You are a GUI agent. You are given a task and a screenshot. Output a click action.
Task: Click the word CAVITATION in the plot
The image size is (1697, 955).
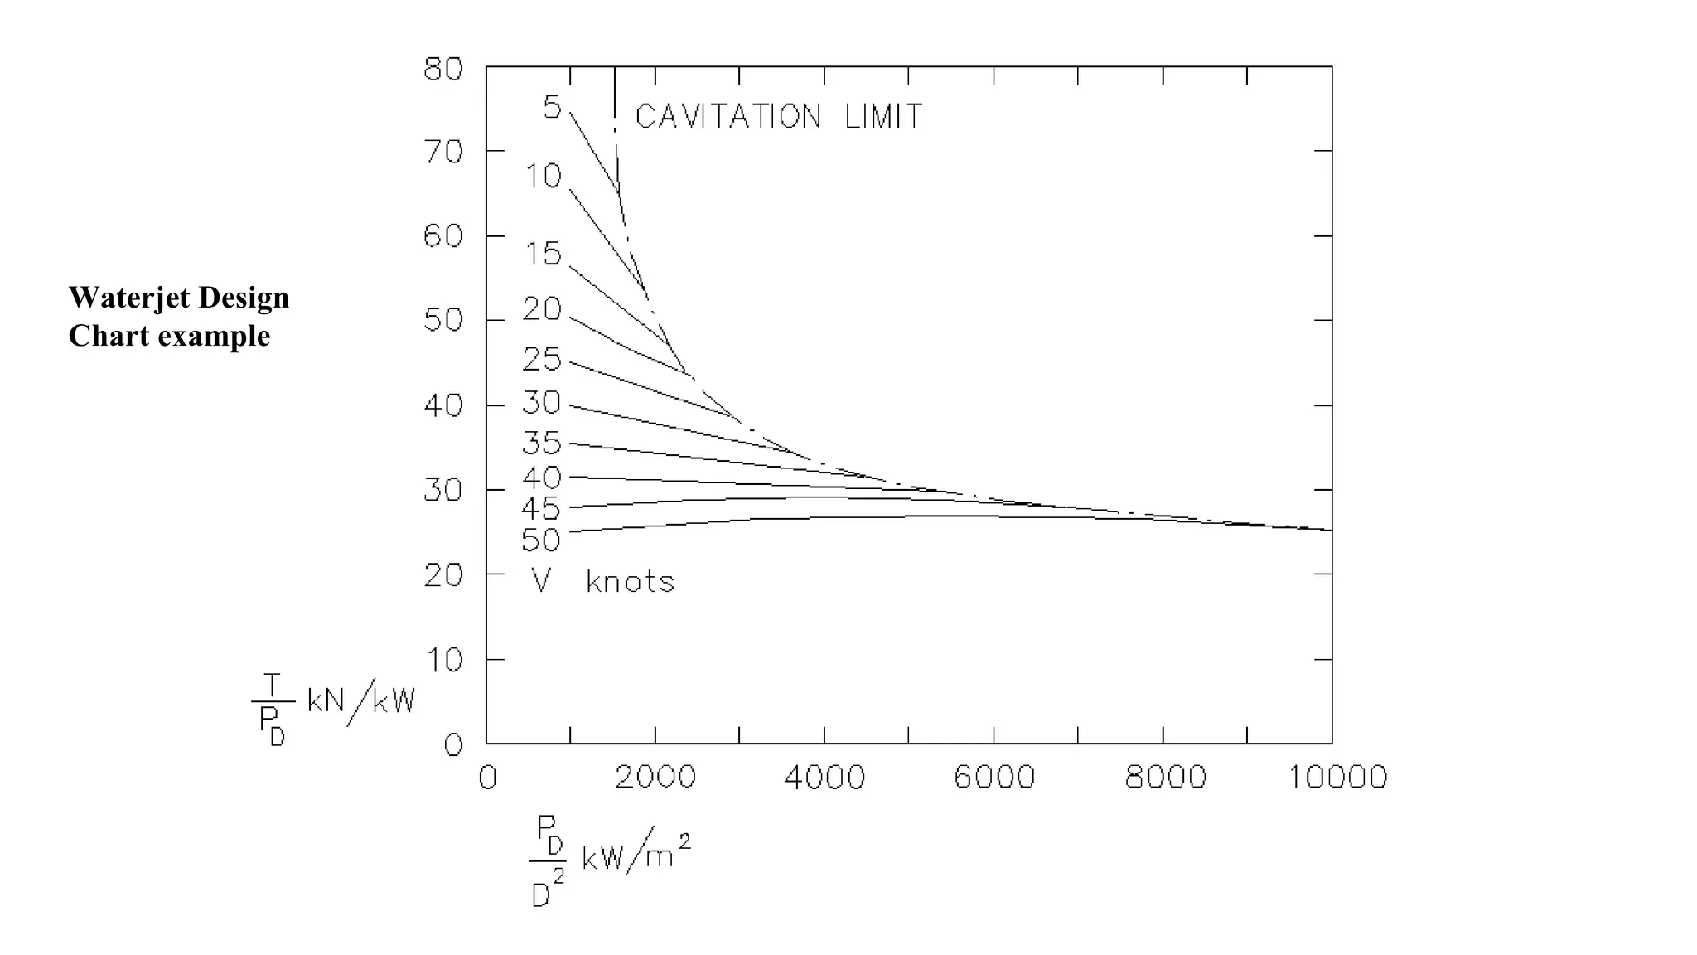click(x=728, y=117)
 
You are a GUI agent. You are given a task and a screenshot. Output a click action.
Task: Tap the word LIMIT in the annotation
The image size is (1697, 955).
click(x=883, y=117)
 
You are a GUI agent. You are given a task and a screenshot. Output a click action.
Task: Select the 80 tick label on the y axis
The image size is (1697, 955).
click(x=443, y=69)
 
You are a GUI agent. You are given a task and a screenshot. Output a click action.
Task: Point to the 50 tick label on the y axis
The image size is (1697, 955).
click(x=443, y=320)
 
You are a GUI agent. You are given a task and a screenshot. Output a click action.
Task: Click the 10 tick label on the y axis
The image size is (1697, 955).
click(x=443, y=661)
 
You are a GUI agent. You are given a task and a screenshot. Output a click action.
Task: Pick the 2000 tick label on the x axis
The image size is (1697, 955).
click(x=655, y=778)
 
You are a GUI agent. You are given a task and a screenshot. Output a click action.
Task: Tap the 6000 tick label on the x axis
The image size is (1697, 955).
click(x=994, y=778)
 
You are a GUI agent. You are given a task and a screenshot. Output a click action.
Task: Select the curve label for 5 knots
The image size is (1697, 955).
click(x=552, y=108)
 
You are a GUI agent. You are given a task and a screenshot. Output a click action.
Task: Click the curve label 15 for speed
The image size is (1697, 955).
click(x=544, y=254)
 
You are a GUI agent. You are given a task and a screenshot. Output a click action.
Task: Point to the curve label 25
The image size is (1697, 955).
click(x=542, y=360)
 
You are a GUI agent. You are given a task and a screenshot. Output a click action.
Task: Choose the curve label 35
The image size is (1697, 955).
click(x=542, y=444)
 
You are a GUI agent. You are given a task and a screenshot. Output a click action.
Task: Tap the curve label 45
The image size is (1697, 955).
click(x=542, y=509)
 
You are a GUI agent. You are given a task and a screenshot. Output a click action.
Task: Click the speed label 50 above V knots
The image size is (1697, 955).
click(x=541, y=541)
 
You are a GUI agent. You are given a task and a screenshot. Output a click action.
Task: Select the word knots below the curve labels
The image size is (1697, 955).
click(x=630, y=581)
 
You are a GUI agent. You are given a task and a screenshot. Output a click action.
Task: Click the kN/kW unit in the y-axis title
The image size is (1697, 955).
click(x=360, y=701)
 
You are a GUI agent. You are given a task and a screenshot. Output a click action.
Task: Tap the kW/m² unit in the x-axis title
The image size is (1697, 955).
click(x=636, y=854)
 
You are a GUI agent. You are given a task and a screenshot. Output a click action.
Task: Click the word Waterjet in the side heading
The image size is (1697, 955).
click(x=129, y=298)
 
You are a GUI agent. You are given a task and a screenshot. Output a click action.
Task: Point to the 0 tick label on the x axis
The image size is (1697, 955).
click(x=487, y=778)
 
